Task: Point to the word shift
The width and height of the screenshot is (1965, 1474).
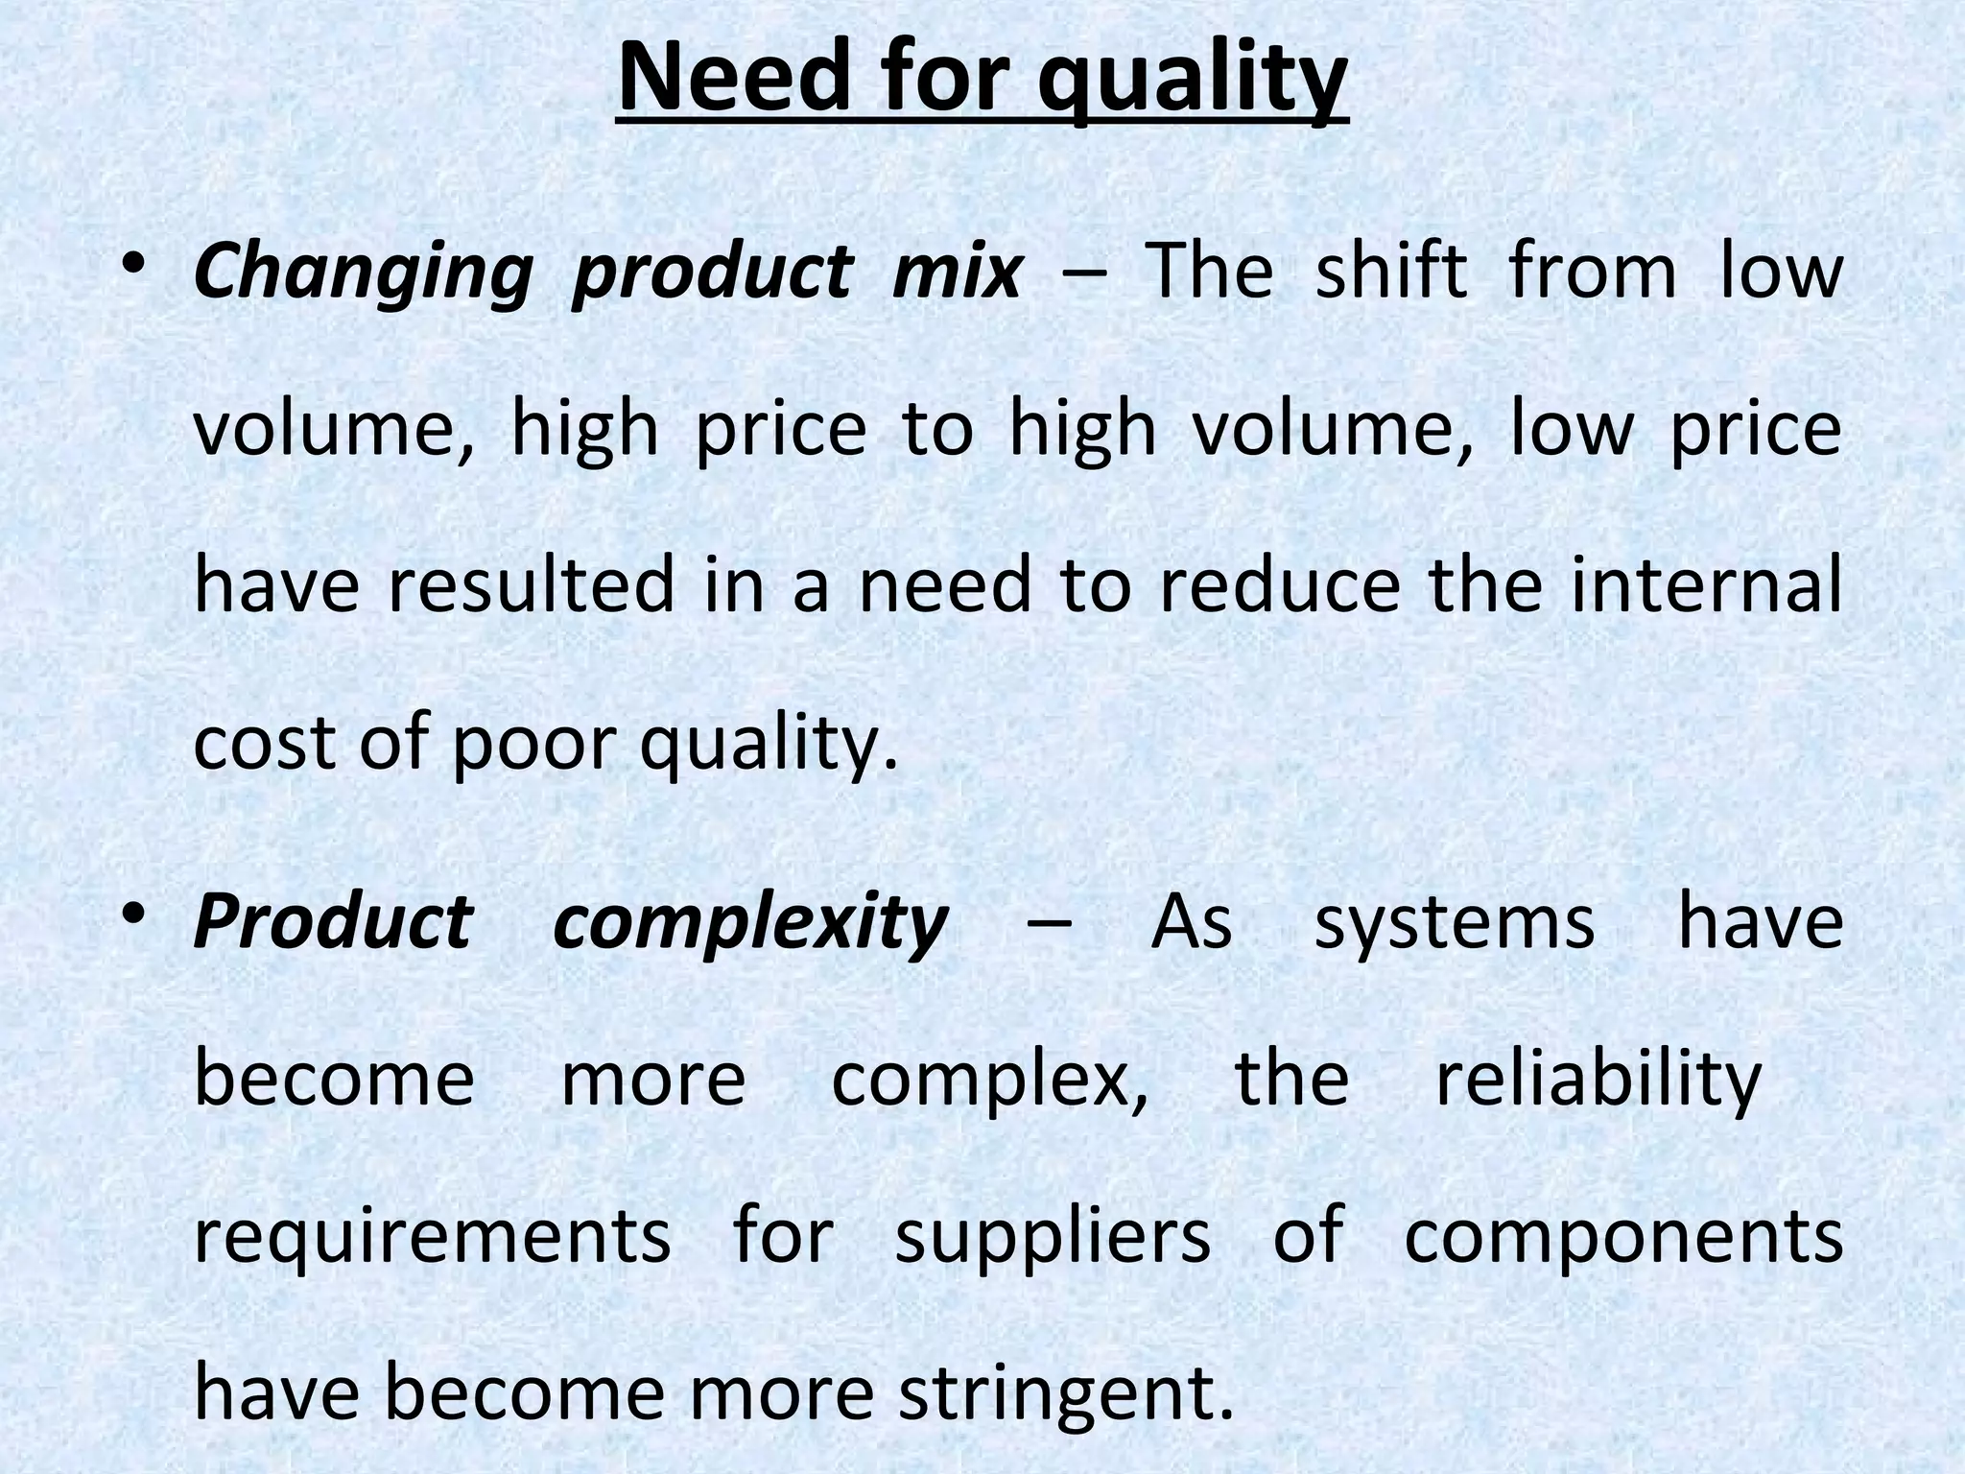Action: tap(1390, 271)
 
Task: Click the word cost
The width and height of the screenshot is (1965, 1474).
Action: tap(265, 743)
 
